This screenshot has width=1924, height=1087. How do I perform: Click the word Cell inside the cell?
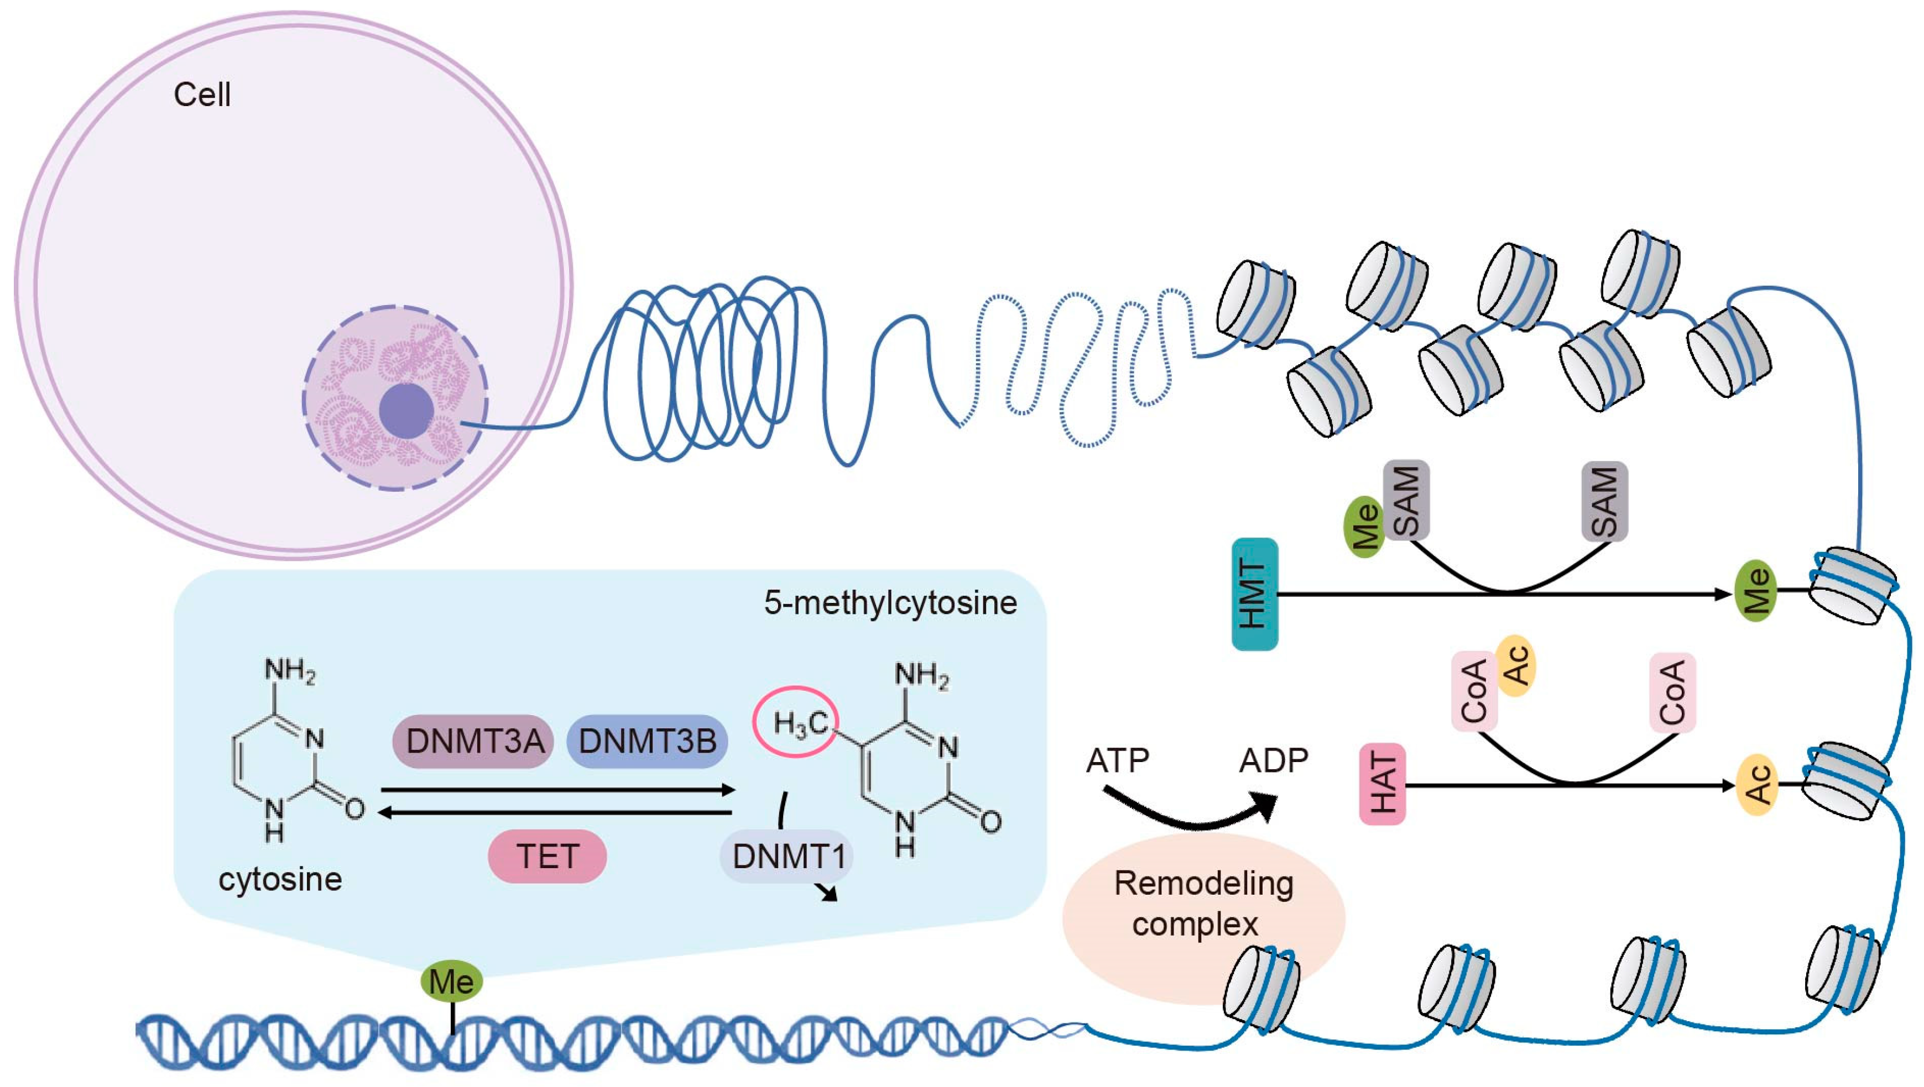click(202, 95)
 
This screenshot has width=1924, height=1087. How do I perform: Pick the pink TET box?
click(547, 855)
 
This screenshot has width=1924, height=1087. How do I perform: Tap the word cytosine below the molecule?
click(280, 879)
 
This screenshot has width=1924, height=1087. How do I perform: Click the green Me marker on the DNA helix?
click(451, 981)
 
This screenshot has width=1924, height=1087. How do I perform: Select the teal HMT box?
click(1254, 594)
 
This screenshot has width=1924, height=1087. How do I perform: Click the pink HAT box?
click(1382, 784)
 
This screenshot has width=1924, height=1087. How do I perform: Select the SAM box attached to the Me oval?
click(1406, 500)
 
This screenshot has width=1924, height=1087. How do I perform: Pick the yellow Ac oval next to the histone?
click(1756, 784)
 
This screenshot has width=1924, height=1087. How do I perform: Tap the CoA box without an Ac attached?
click(1672, 692)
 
